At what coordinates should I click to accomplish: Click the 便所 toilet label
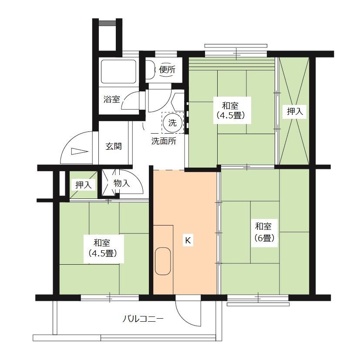pyautogui.click(x=167, y=69)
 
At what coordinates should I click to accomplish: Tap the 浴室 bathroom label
pyautogui.click(x=111, y=99)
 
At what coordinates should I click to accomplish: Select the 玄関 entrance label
pyautogui.click(x=114, y=146)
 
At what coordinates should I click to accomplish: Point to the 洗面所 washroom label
pyautogui.click(x=164, y=141)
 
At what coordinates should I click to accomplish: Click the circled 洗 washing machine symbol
pyautogui.click(x=172, y=123)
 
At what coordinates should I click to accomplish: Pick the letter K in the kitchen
pyautogui.click(x=188, y=240)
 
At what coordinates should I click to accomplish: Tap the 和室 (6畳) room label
pyautogui.click(x=264, y=232)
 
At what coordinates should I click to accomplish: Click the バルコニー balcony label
pyautogui.click(x=143, y=319)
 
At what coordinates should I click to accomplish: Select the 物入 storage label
pyautogui.click(x=122, y=183)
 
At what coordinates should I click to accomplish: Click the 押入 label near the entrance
pyautogui.click(x=84, y=185)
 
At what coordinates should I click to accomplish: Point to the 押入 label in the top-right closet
pyautogui.click(x=295, y=111)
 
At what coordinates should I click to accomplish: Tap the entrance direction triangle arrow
pyautogui.click(x=80, y=151)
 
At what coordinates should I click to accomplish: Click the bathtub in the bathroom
pyautogui.click(x=118, y=71)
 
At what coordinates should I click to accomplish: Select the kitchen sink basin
pyautogui.click(x=163, y=261)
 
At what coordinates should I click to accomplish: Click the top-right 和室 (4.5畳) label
pyautogui.click(x=231, y=111)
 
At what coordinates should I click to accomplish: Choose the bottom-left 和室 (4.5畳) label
pyautogui.click(x=103, y=248)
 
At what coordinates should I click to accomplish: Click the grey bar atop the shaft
pyautogui.click(x=108, y=23)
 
